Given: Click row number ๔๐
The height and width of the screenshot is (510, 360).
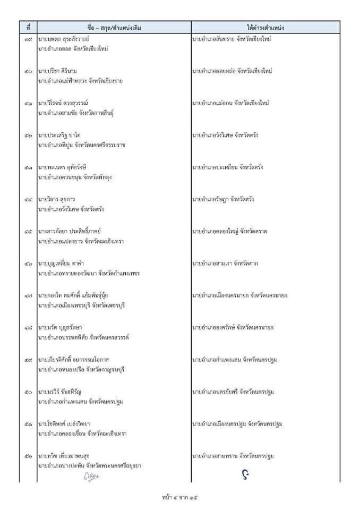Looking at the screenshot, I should [x=28, y=71].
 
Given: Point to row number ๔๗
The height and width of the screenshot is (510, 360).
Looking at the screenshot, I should [x=28, y=295].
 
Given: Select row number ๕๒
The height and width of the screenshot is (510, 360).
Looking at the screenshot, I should [x=28, y=456].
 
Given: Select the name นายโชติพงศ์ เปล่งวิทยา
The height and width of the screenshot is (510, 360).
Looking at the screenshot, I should [x=67, y=424].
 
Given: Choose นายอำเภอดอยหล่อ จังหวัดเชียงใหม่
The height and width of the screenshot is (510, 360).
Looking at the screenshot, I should [x=232, y=71].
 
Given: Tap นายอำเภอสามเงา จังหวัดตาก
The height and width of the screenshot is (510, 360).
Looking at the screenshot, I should [x=225, y=263].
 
